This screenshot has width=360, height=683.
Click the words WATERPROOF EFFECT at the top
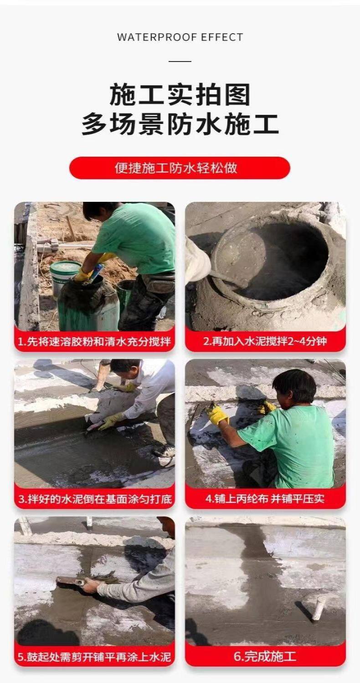[180, 37]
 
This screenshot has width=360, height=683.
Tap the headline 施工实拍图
[180, 94]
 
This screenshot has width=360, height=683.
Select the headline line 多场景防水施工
[180, 124]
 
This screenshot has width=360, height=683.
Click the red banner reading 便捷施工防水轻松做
[180, 168]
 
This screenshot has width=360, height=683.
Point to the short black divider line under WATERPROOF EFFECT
[180, 62]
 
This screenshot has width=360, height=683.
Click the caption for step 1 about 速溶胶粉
[94, 341]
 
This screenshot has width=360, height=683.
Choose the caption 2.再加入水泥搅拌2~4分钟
[265, 341]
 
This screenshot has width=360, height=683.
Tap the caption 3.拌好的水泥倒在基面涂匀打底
[95, 499]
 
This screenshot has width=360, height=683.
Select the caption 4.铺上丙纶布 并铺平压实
[265, 498]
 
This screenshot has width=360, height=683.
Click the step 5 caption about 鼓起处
[94, 657]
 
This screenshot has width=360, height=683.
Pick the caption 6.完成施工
[265, 657]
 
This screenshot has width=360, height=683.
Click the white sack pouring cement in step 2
[196, 260]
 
